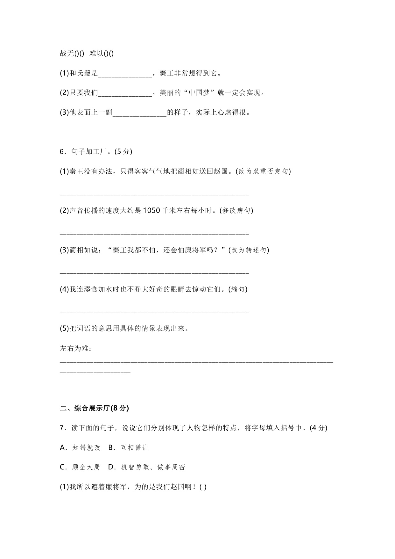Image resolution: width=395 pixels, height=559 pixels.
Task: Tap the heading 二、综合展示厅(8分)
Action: (94, 408)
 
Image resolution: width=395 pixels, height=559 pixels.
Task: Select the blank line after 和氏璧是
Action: (125, 75)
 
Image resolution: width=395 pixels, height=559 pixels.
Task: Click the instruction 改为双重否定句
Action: (263, 171)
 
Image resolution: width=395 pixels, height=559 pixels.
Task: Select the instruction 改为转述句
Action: (249, 250)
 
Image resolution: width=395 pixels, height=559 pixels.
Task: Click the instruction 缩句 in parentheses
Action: (238, 289)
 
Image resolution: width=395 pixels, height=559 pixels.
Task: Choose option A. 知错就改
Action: (80, 448)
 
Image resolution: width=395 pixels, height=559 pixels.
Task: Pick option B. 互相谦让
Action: (129, 448)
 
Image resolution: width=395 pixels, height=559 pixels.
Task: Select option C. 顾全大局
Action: (80, 467)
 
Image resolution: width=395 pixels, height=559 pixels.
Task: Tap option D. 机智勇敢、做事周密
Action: (147, 467)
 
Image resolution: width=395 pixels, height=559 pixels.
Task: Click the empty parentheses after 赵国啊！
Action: (203, 487)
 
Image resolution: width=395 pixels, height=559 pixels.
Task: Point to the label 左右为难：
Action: (76, 348)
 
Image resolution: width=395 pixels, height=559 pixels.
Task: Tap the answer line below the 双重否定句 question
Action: (154, 193)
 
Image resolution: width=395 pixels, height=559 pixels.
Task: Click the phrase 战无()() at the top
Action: (72, 54)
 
